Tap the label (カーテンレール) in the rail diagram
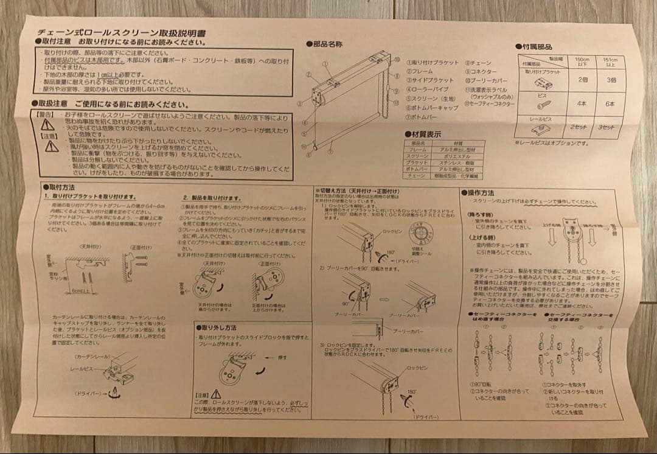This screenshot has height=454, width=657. (91, 355)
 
